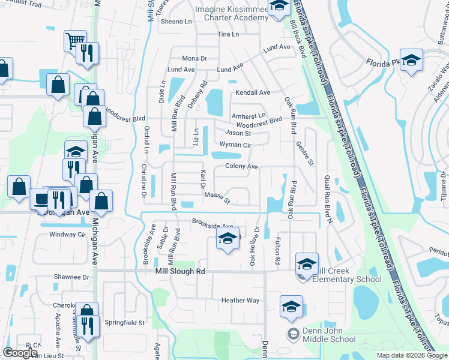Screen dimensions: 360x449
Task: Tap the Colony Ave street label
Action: coord(241,166)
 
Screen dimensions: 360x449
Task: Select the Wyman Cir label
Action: coord(235,145)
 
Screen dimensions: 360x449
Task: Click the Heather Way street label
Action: coord(240,301)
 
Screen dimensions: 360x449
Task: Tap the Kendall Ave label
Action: coord(253,92)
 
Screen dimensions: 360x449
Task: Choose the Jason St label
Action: coord(237,133)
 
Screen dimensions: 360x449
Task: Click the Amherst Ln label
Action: coord(248,115)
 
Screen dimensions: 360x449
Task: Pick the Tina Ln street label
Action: coord(228,34)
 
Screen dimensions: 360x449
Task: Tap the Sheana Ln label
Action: coord(176,21)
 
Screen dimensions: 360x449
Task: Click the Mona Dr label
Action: coord(194,58)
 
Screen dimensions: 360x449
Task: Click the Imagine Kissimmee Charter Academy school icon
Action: coord(278,7)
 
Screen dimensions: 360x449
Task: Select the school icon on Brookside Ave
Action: coord(228,239)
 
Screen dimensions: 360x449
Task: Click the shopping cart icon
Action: coord(75,41)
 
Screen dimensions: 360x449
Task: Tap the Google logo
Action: coord(20,353)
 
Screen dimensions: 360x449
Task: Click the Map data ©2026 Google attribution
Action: coord(411,355)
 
